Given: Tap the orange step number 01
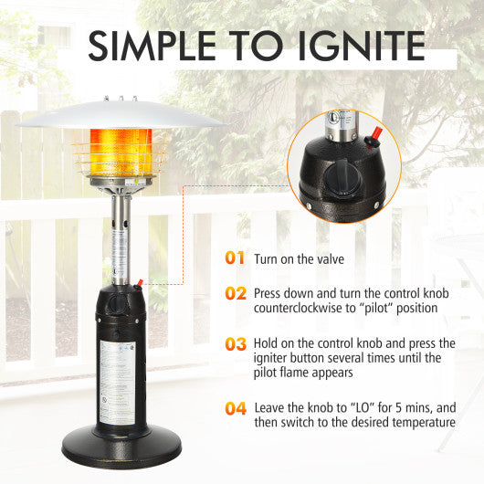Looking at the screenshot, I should pyautogui.click(x=236, y=258).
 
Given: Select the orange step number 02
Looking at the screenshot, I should pyautogui.click(x=236, y=293).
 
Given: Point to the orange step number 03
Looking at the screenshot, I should pyautogui.click(x=236, y=344).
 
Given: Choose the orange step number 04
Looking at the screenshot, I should pyautogui.click(x=236, y=407).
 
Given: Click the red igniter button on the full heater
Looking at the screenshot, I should pyautogui.click(x=142, y=283).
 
